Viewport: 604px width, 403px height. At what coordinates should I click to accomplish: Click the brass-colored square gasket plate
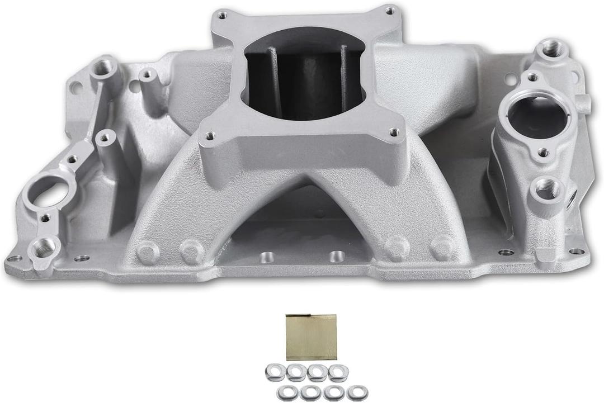(x=312, y=337)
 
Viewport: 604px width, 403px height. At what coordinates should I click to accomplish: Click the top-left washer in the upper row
(x=275, y=371)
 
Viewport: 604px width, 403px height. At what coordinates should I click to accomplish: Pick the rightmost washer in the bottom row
(x=357, y=393)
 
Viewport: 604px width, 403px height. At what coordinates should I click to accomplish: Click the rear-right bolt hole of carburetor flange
(x=390, y=10)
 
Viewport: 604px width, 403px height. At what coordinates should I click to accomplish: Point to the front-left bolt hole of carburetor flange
(x=210, y=136)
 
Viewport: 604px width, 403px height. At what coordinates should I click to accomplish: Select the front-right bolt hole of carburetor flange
(x=394, y=132)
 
